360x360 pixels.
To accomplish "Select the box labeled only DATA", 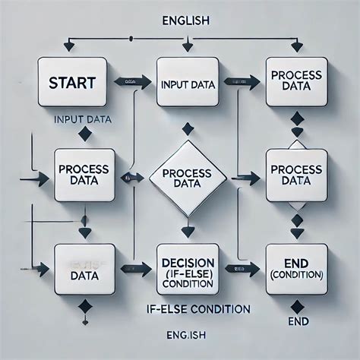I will pyautogui.click(x=84, y=267).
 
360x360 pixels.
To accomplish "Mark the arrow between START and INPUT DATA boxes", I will pyautogui.click(x=123, y=80).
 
